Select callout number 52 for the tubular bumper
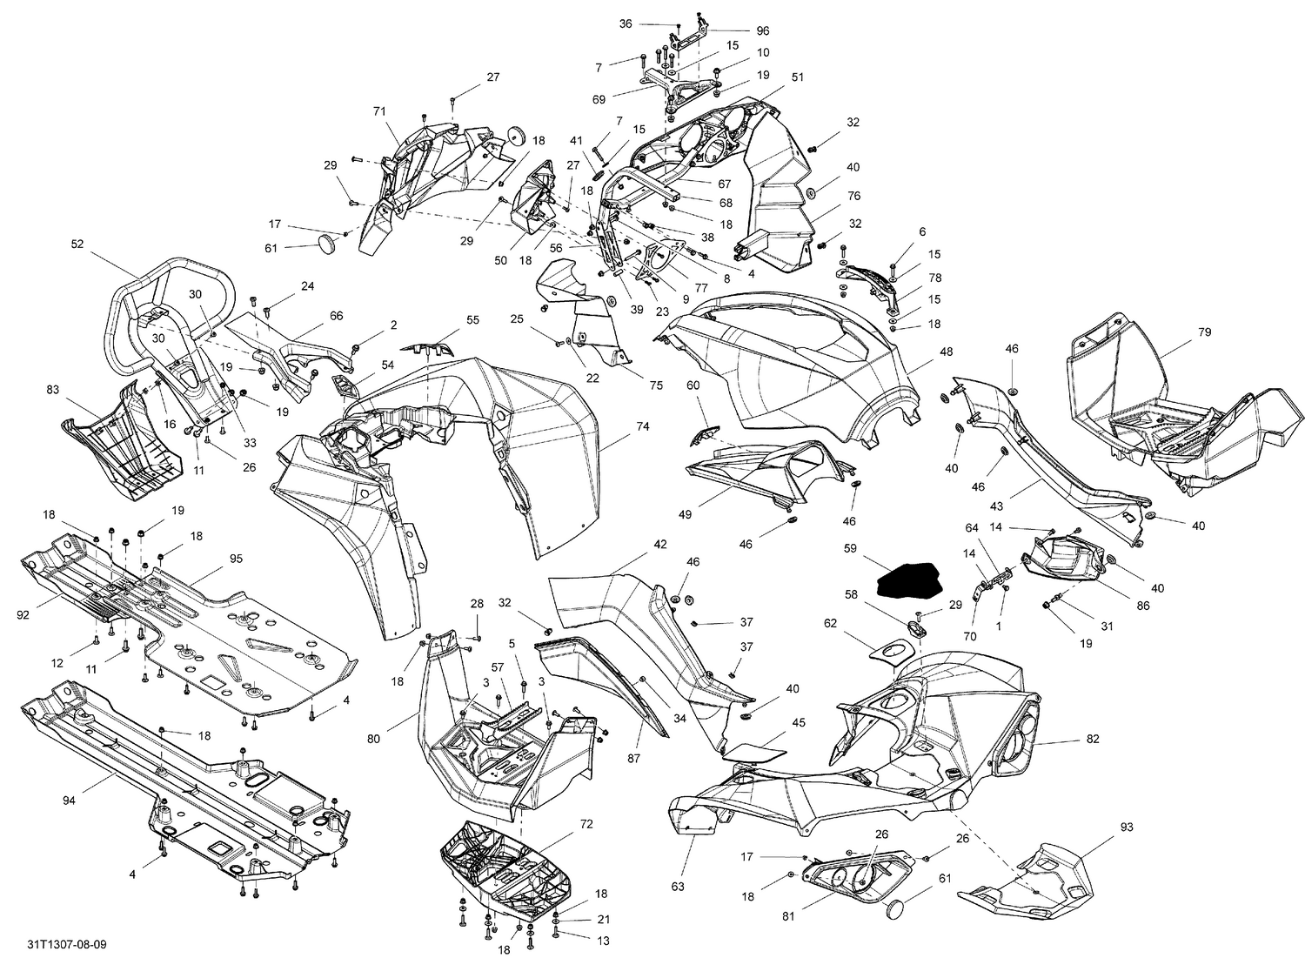[x=77, y=245]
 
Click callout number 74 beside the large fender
[x=643, y=426]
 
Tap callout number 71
[x=378, y=111]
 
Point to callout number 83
[x=53, y=391]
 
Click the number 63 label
[x=678, y=862]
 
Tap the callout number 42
[x=660, y=544]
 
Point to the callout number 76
[x=853, y=196]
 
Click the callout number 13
[x=603, y=940]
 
